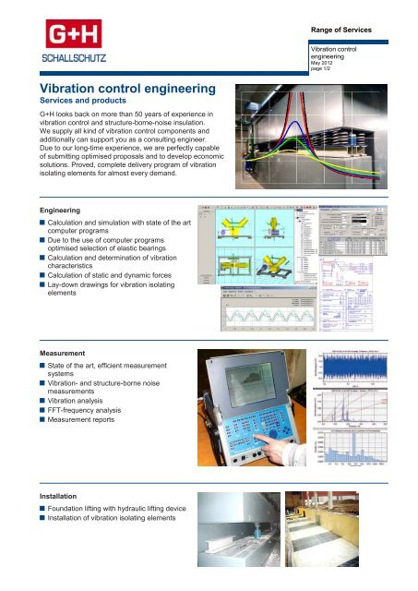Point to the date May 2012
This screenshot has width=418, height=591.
(324, 65)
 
